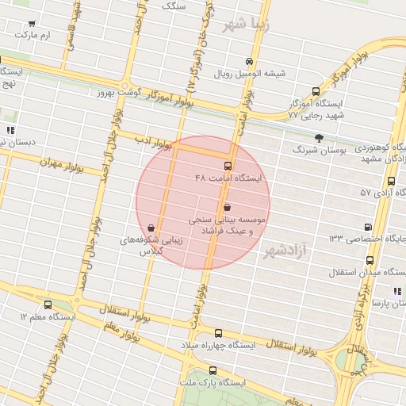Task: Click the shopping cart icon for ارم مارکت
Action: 32,25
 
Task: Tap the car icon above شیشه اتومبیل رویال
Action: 249,62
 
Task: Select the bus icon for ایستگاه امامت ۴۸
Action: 228,166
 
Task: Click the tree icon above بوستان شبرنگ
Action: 319,137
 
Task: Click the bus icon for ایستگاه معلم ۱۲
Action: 48,304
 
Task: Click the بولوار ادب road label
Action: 153,142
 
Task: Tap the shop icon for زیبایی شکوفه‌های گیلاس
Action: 151,228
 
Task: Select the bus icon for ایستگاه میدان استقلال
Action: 370,260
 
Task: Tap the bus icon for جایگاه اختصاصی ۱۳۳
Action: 366,227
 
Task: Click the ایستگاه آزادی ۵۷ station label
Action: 377,193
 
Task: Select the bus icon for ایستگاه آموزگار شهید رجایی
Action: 316,92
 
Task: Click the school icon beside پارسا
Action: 396,292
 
